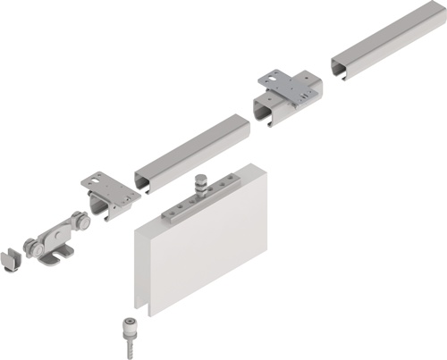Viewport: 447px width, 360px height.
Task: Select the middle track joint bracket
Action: tap(288, 99)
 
